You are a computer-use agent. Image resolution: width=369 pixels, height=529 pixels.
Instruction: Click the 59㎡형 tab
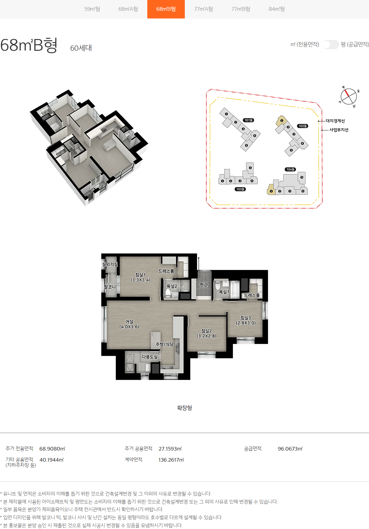[x=92, y=9]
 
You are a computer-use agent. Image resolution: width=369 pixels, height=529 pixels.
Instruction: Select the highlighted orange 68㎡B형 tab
[x=166, y=9]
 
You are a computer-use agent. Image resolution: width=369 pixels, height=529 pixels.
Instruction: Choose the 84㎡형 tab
[x=277, y=9]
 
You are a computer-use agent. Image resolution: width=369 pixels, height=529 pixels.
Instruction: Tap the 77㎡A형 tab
[x=204, y=9]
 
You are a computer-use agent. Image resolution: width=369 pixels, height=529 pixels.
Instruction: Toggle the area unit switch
[x=331, y=44]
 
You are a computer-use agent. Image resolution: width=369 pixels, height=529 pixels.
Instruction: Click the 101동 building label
[x=248, y=120]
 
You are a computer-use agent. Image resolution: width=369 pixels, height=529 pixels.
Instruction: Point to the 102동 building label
[x=303, y=126]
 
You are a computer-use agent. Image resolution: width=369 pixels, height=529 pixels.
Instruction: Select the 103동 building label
[x=240, y=189]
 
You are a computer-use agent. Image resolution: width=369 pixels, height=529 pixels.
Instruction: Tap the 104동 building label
[x=291, y=169]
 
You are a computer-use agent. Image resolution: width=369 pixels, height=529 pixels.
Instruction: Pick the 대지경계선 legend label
[x=335, y=121]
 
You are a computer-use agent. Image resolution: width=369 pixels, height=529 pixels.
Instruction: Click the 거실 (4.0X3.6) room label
[x=129, y=324]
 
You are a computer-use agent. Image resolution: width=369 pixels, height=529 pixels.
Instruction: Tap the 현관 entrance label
[x=204, y=285]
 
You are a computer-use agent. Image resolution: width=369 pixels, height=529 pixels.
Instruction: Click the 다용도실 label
[x=150, y=357]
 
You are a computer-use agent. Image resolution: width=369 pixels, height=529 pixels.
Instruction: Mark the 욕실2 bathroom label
[x=172, y=286]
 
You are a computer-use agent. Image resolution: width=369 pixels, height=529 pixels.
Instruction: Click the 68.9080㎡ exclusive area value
[x=52, y=449]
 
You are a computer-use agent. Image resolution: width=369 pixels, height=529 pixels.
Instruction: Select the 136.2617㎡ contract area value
[x=171, y=460]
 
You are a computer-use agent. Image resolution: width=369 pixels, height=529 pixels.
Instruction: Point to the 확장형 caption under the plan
[x=184, y=408]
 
